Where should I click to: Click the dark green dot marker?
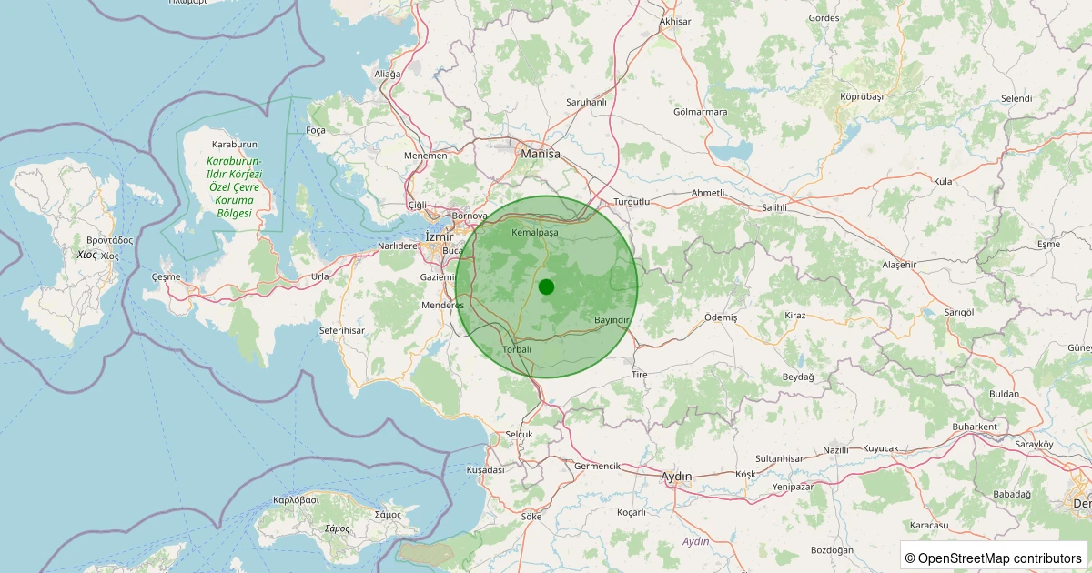[x=546, y=286]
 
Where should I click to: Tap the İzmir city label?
[x=439, y=237]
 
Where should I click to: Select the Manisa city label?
[x=540, y=155]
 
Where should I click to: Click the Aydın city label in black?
[x=676, y=477]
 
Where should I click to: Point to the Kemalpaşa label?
[x=535, y=233]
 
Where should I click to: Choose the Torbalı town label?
[x=516, y=349]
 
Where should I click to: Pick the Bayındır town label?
[x=612, y=320]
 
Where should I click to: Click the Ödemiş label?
[x=721, y=317]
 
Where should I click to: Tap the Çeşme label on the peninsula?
[x=167, y=276]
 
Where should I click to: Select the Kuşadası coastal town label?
[x=485, y=470]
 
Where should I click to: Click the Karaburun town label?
[x=235, y=145]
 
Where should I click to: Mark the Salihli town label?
[x=773, y=208]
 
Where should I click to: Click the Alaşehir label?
[x=899, y=265]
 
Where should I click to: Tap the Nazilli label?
[x=835, y=450]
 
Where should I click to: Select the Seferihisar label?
[x=342, y=329]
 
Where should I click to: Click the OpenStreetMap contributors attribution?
[x=995, y=558]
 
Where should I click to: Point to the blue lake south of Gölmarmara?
[x=733, y=149]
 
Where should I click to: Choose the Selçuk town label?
[x=519, y=434]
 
